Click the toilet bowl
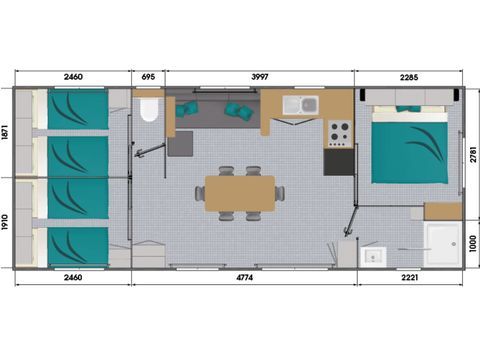click(x=150, y=109)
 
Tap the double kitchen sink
click(x=300, y=104)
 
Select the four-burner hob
click(x=339, y=130)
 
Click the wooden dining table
click(x=240, y=193)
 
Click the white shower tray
click(x=440, y=243)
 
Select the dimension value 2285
click(x=408, y=77)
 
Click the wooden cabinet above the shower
click(x=442, y=211)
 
